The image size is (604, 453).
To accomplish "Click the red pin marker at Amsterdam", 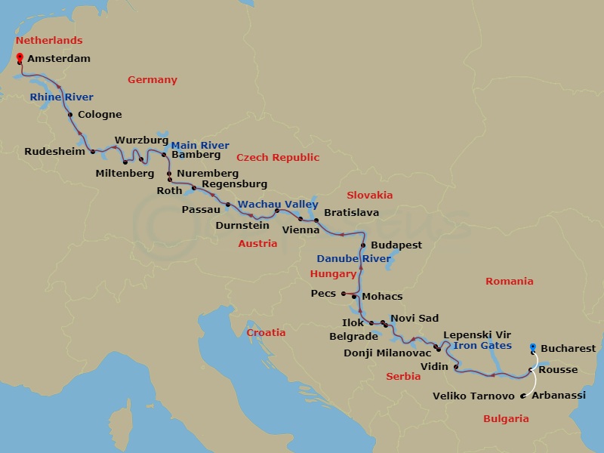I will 19,56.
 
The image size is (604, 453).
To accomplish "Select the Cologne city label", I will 99,115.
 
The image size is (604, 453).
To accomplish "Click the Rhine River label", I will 62,97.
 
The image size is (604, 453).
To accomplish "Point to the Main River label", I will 200,145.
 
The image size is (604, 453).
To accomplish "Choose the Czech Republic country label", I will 278,157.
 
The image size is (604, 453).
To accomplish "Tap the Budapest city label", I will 396,245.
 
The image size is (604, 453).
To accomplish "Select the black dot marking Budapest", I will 363,246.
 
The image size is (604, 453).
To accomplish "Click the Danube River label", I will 354,258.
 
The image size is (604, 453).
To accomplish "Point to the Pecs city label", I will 323,293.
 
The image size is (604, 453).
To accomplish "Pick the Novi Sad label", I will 414,319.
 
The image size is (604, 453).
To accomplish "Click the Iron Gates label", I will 483,346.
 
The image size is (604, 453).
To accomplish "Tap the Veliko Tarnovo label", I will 473,396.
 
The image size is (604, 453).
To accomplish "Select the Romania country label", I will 510,281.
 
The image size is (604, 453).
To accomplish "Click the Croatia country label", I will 267,332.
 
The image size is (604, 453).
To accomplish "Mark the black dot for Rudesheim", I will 93,152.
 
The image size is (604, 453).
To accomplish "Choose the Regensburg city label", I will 234,183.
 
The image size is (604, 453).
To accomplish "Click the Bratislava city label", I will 352,212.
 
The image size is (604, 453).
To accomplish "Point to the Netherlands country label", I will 49,40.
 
